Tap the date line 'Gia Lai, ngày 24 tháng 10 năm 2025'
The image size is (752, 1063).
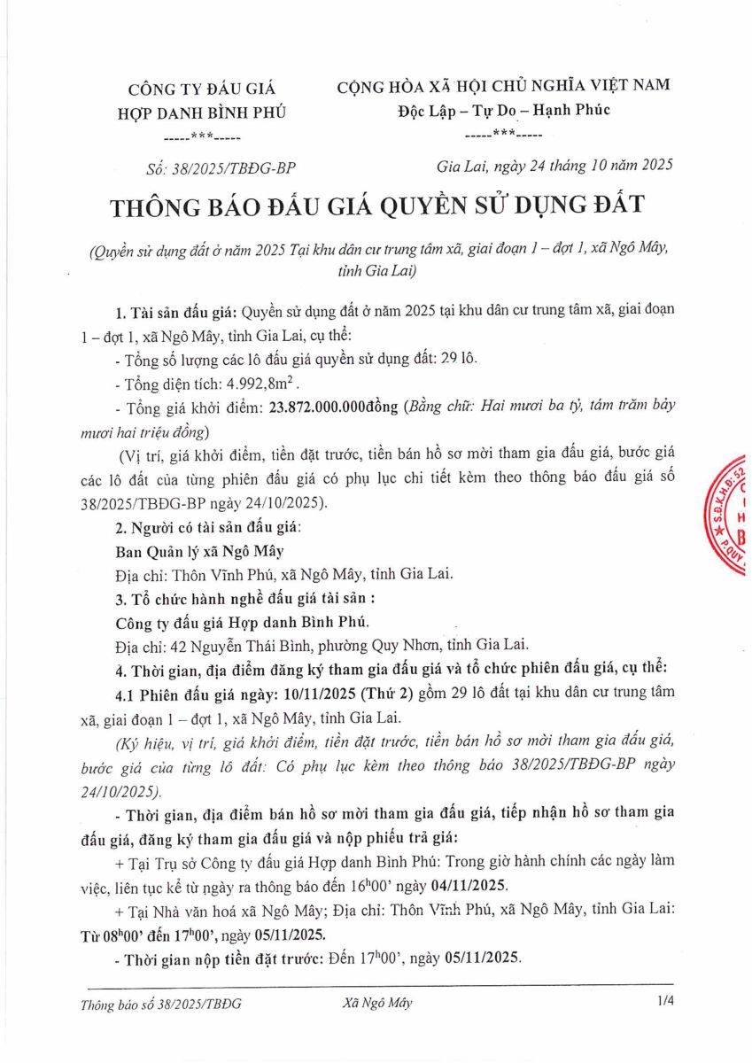pos(555,166)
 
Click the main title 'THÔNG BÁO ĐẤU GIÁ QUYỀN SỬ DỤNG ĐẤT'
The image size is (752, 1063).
pos(378,207)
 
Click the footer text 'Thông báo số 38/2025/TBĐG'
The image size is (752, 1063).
pos(160,1004)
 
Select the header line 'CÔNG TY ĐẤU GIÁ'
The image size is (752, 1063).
pos(202,89)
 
